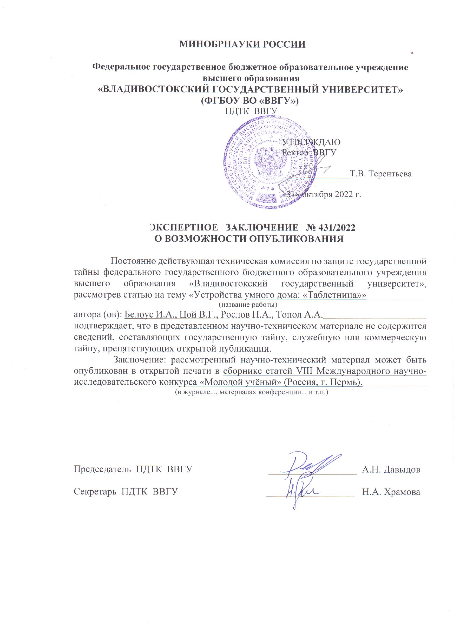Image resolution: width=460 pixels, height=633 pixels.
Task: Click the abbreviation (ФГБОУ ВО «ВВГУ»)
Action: (250, 100)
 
